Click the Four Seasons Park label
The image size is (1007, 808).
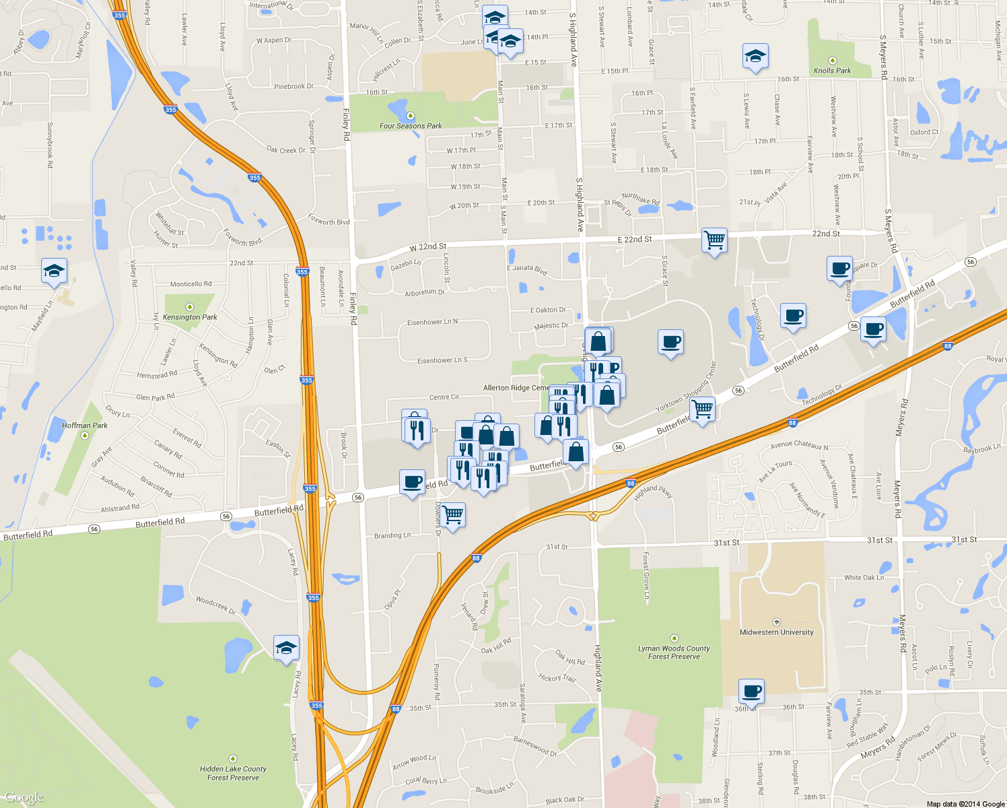coord(411,126)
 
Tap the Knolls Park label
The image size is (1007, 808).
coord(832,71)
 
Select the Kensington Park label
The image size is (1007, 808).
coord(190,317)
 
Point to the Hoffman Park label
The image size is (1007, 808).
coord(85,426)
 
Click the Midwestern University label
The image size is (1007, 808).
coord(776,632)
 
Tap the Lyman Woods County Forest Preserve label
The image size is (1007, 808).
coord(674,652)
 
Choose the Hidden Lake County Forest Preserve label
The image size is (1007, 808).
coord(233,773)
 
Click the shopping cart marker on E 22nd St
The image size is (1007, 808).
coord(714,240)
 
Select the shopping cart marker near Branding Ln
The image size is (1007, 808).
coord(453,515)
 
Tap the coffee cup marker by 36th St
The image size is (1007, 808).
coord(752,691)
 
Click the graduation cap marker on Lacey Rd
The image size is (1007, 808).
coord(286,648)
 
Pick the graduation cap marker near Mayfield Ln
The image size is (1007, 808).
coord(54,271)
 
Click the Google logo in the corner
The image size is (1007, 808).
coord(24,798)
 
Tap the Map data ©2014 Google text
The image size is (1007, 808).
coord(965,804)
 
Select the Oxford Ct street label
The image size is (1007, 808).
coord(924,133)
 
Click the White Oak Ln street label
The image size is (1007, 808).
coord(864,578)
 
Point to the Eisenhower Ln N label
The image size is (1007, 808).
coord(432,323)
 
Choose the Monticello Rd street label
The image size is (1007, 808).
coord(190,284)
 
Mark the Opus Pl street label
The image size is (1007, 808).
coord(392,600)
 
